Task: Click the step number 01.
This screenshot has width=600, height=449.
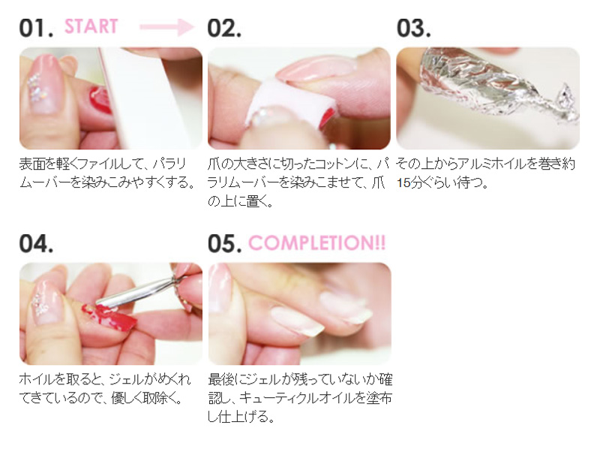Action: [36, 28]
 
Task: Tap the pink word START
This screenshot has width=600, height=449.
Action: [91, 26]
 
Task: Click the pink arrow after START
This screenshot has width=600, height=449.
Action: [166, 26]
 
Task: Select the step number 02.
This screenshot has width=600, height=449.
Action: [224, 28]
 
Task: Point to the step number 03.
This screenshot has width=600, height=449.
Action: [414, 28]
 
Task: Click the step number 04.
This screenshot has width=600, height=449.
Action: [36, 244]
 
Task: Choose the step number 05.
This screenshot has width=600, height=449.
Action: [224, 244]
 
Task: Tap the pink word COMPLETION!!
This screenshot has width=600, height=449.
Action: [317, 243]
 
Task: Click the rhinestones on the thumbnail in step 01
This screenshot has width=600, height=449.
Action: [36, 89]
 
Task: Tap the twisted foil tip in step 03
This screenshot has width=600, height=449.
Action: [562, 103]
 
